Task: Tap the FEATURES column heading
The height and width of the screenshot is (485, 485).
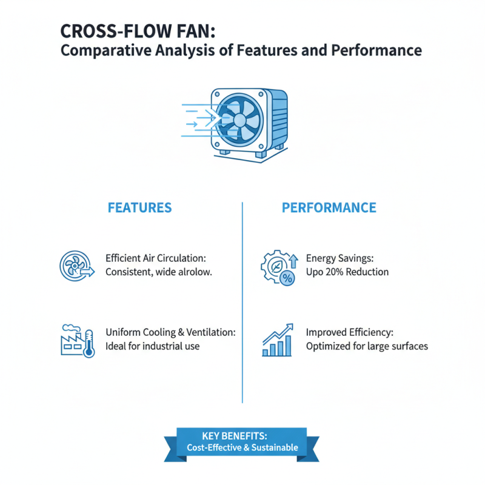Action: [139, 207]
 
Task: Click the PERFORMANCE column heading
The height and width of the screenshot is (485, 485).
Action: [329, 207]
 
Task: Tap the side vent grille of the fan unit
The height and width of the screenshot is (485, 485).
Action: [279, 118]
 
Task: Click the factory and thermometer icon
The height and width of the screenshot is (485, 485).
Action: [78, 341]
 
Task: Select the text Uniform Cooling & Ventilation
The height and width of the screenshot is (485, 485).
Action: [170, 332]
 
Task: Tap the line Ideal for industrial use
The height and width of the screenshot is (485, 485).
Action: [152, 346]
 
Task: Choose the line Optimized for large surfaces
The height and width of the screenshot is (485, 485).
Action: [367, 346]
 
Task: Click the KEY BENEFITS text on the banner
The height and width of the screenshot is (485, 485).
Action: [242, 435]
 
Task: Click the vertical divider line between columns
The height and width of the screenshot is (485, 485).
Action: [242, 303]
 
